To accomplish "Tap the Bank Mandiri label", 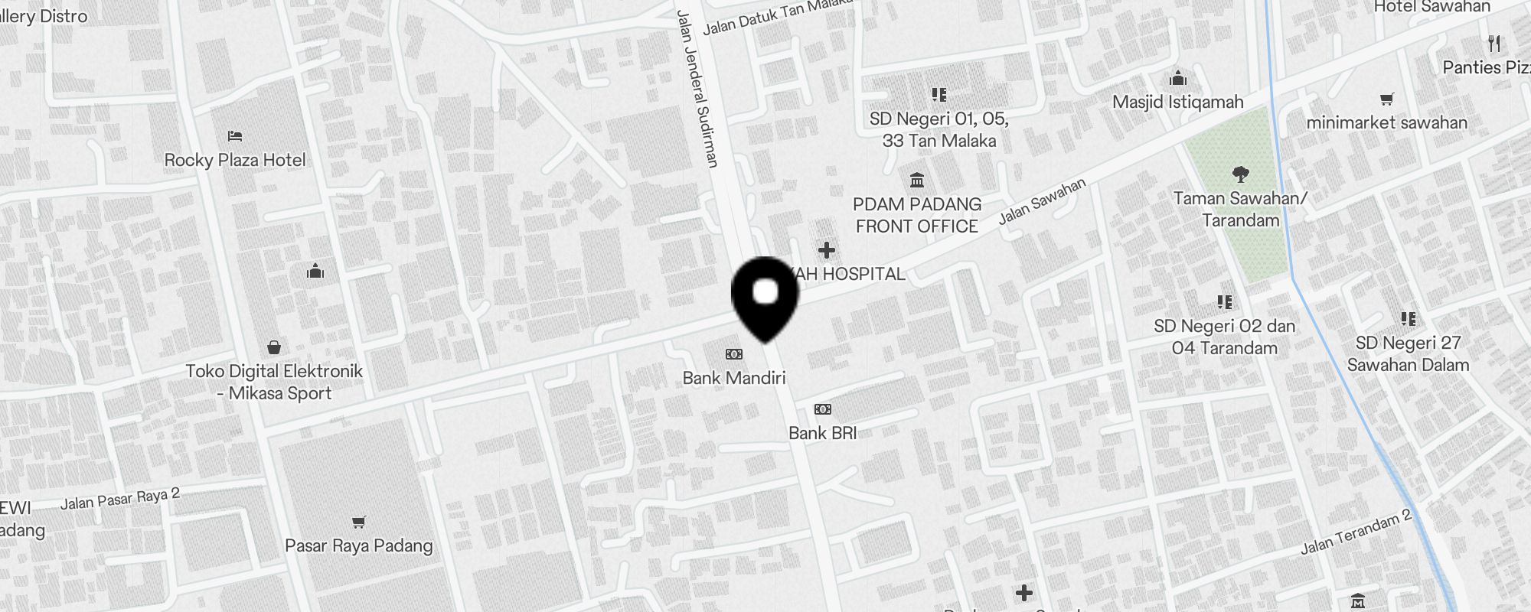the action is [734, 378].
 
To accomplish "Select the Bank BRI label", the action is [822, 433].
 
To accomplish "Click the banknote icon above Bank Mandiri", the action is [733, 354].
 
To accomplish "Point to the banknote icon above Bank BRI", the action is [822, 409].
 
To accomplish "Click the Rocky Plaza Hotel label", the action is [235, 160].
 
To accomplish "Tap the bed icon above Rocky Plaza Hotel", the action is [235, 136].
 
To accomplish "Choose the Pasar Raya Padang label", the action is [358, 545].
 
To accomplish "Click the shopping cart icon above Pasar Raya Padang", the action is [358, 522].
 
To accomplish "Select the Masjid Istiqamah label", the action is [1177, 102].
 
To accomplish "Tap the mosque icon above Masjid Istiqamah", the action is [1178, 78].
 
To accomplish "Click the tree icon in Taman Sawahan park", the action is [1241, 174].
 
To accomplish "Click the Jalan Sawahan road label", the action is [1042, 201].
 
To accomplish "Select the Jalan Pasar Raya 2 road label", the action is [120, 499].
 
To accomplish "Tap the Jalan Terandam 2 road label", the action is [1356, 532].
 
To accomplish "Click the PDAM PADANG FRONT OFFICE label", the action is [917, 215].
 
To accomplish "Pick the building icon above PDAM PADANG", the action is [917, 181].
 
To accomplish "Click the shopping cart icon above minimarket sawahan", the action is [1386, 99].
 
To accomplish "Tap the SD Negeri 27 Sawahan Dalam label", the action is [1408, 353].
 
